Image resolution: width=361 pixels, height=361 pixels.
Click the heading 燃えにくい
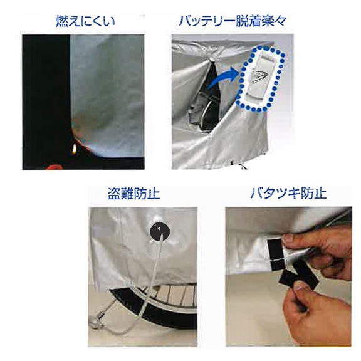coord(85,21)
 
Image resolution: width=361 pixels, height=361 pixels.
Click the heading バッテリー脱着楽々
coord(233,21)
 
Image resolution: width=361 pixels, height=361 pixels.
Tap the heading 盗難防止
coord(133,194)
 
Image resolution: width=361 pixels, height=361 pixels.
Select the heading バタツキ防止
coord(288,194)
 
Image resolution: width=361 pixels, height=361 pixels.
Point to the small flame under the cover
coord(74,149)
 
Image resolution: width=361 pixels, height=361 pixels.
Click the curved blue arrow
coord(222,78)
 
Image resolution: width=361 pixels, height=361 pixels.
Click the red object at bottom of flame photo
coord(53,167)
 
